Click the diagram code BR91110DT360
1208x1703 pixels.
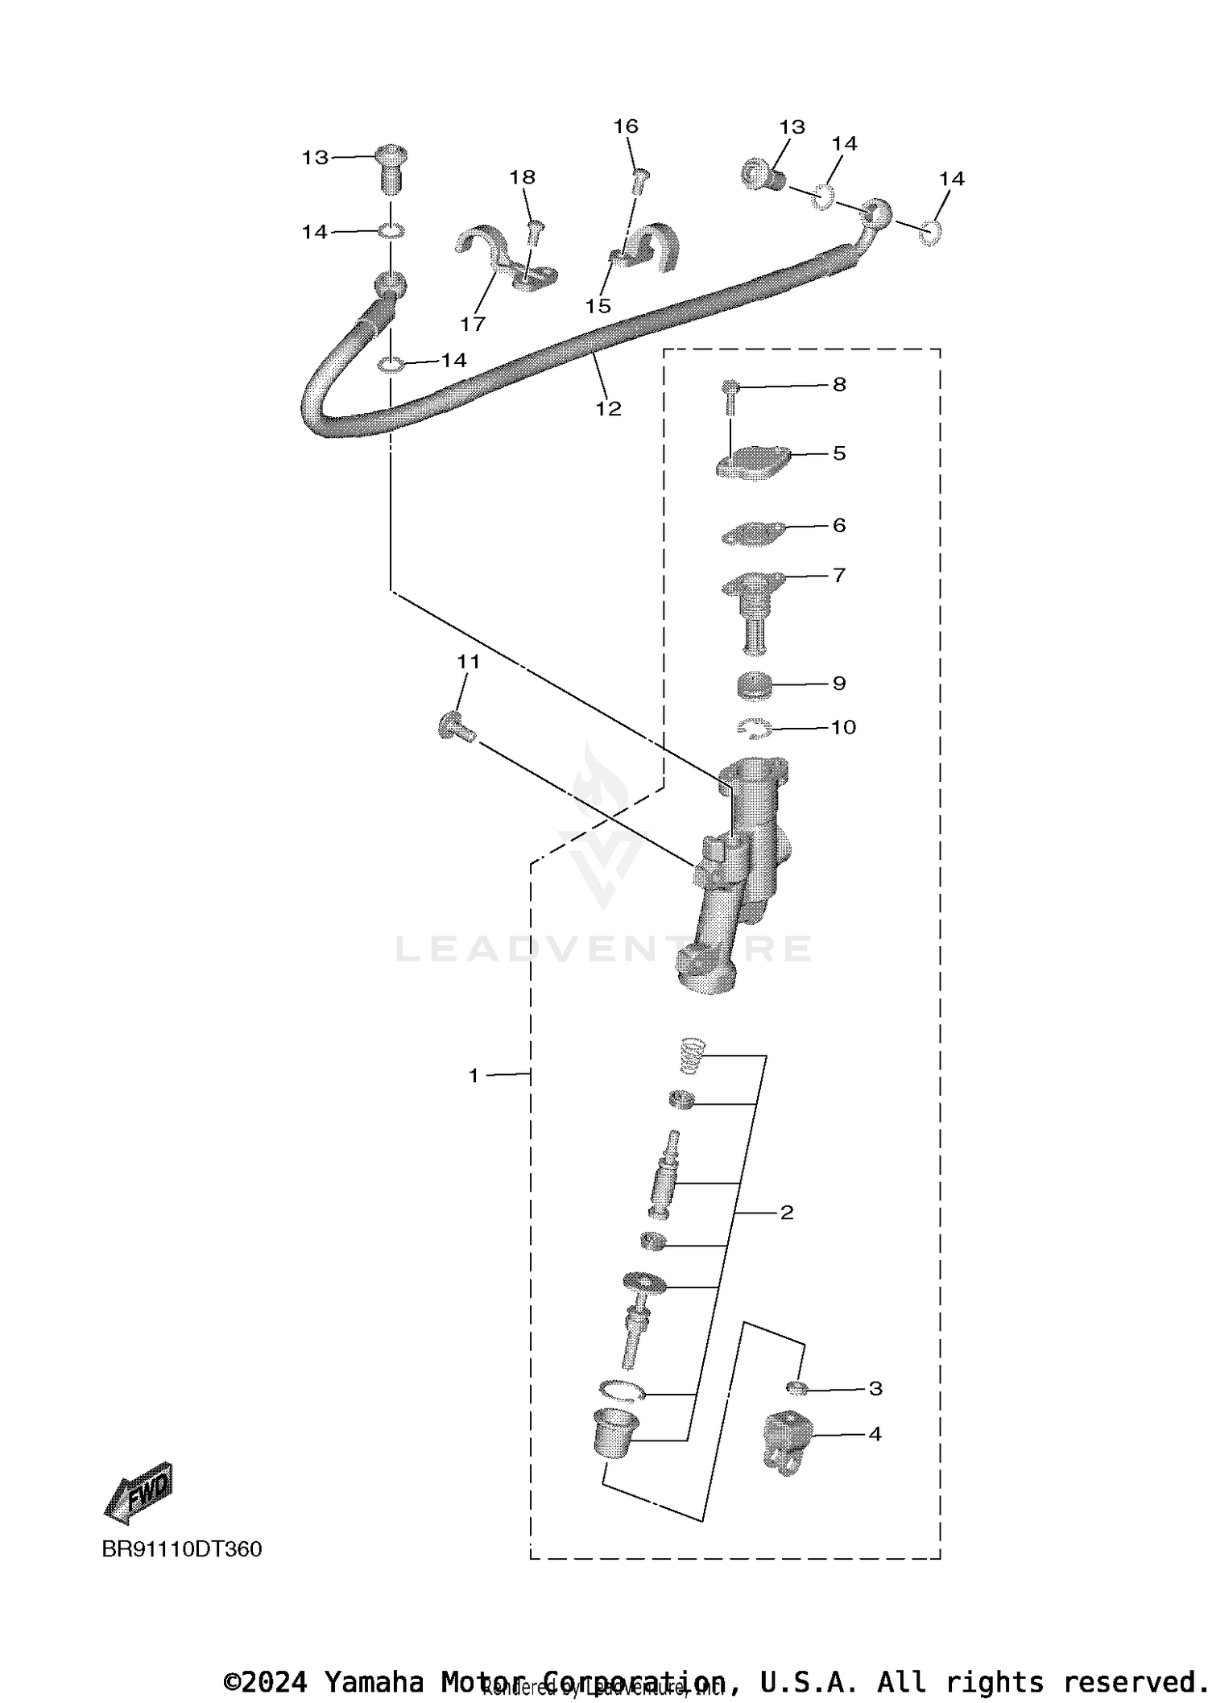coord(181,1549)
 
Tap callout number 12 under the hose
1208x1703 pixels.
coord(608,409)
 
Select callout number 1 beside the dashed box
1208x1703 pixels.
coord(474,1075)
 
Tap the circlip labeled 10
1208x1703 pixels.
coord(755,728)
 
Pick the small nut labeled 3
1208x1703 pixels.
coord(796,1387)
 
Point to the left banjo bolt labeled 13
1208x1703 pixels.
coord(391,169)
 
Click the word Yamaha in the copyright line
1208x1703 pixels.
coord(374,1681)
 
